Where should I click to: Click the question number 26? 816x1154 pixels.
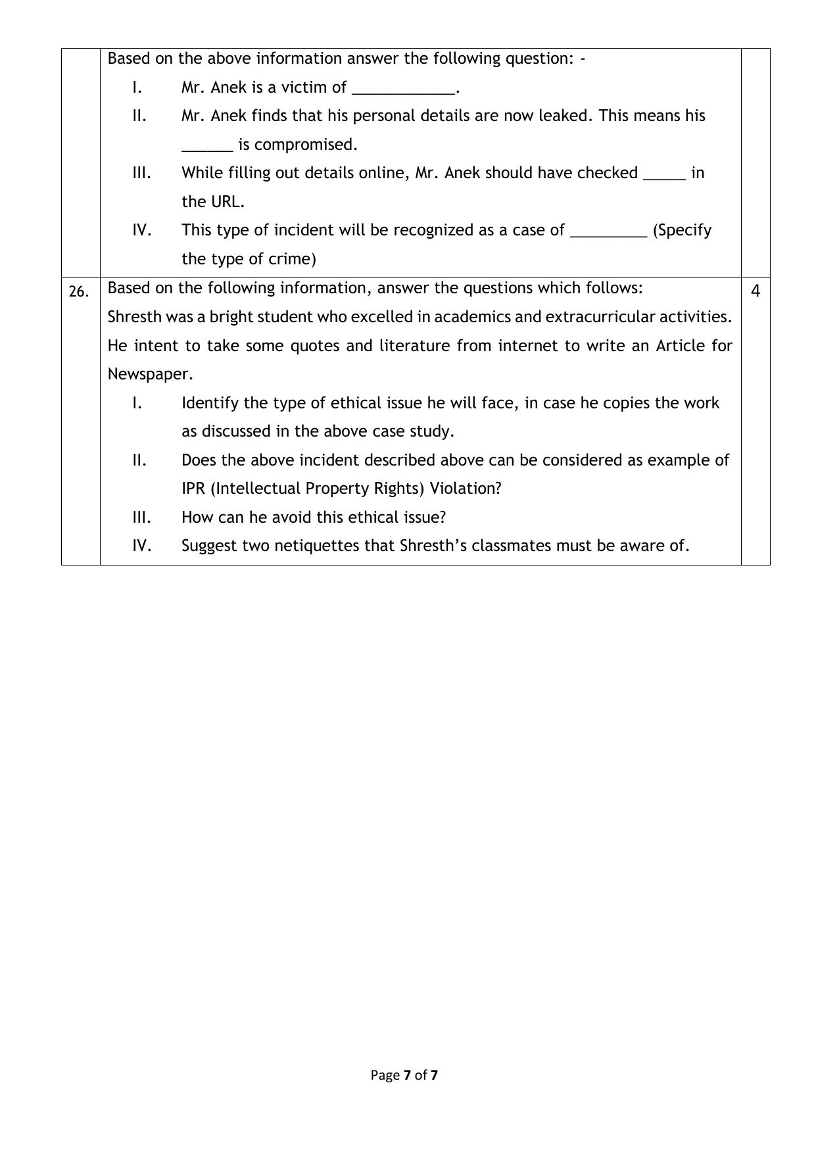click(79, 291)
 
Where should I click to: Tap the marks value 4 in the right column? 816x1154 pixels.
click(756, 291)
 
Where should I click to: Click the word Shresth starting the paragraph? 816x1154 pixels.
click(134, 317)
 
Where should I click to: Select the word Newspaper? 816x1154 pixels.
click(150, 374)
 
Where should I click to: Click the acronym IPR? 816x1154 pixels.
click(194, 489)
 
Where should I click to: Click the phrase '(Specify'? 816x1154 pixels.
click(682, 231)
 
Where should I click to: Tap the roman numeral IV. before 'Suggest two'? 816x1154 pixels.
click(142, 546)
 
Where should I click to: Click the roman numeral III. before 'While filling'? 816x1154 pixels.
click(142, 173)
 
